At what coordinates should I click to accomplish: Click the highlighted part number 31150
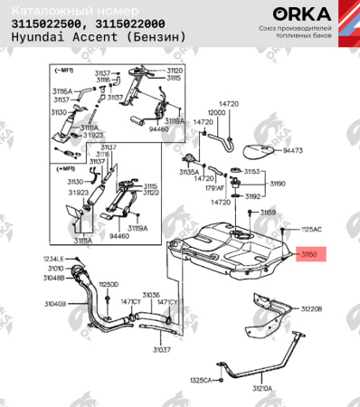[310, 255]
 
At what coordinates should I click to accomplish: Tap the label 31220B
[311, 309]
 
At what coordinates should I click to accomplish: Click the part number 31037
[161, 349]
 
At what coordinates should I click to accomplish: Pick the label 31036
[150, 294]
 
